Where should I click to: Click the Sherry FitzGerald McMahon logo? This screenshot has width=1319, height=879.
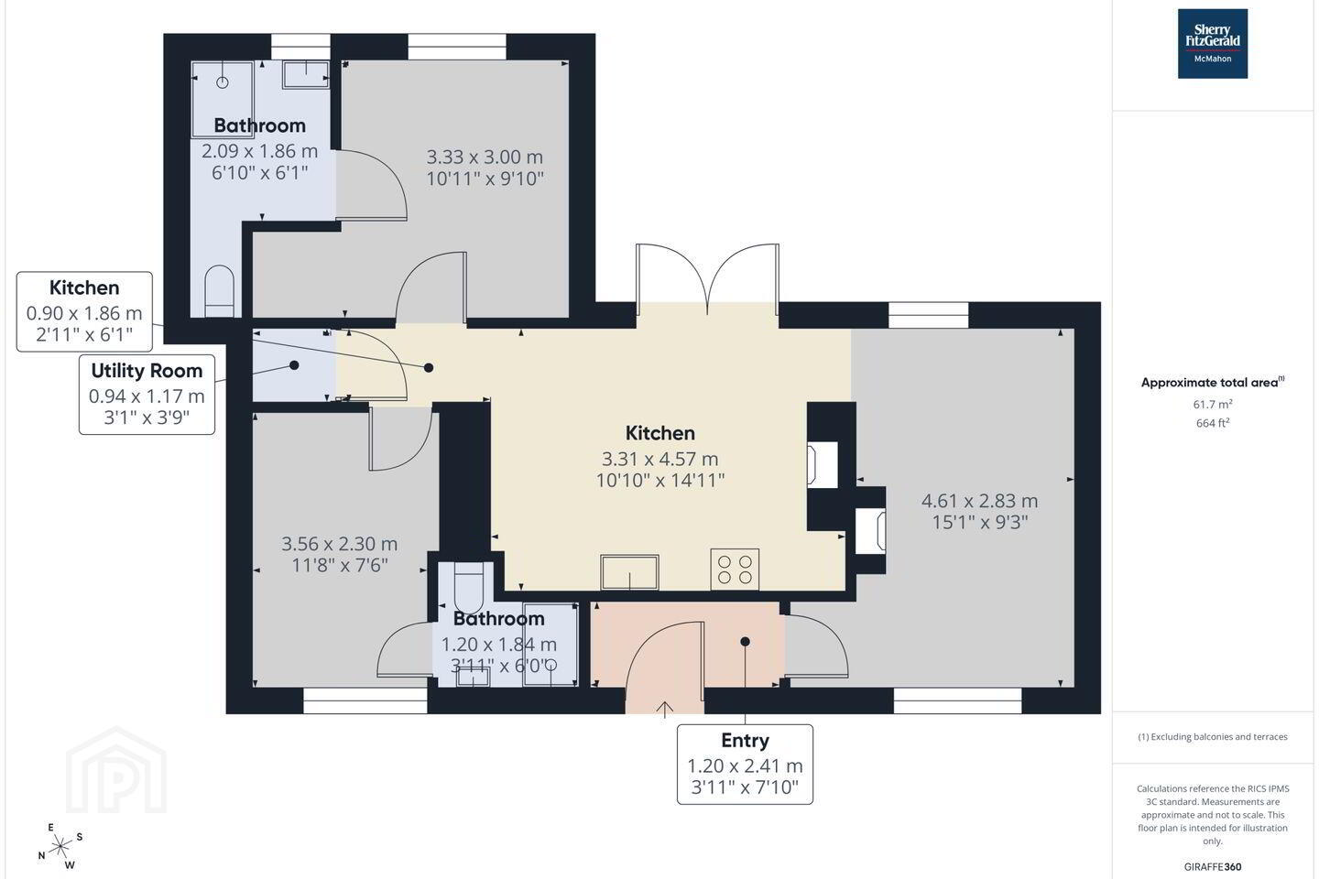coord(1213,44)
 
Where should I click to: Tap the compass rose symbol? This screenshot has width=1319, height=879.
coord(60,847)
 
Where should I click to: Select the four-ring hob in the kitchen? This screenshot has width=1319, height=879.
coord(735,570)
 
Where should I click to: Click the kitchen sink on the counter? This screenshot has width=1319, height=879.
coord(629,571)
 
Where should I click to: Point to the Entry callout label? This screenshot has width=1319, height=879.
coord(745,765)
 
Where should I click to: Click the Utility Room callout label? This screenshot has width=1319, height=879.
coord(147,395)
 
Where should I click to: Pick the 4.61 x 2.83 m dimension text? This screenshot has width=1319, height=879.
coord(979,501)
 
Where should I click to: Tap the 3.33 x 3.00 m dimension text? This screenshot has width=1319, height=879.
coord(484,157)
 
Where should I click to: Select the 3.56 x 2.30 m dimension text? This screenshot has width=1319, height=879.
coord(339,543)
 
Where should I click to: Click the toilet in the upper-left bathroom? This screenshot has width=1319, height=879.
coord(220,291)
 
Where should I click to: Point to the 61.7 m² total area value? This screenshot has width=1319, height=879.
coord(1213,404)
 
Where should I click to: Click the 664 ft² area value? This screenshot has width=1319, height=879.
coord(1213,423)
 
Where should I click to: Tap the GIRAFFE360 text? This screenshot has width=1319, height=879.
coord(1213,866)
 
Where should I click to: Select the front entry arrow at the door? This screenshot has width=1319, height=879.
coord(664,710)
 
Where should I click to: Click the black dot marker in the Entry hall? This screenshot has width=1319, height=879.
coord(745,642)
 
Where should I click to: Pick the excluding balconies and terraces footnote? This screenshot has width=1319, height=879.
coord(1213,736)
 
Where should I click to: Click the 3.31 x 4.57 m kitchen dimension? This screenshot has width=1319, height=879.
coord(659,459)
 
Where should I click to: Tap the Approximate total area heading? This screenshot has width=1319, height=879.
coord(1213,383)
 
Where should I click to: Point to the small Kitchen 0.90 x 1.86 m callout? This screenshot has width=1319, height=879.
coord(84,311)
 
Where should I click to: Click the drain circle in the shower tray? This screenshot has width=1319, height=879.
coord(223,82)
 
